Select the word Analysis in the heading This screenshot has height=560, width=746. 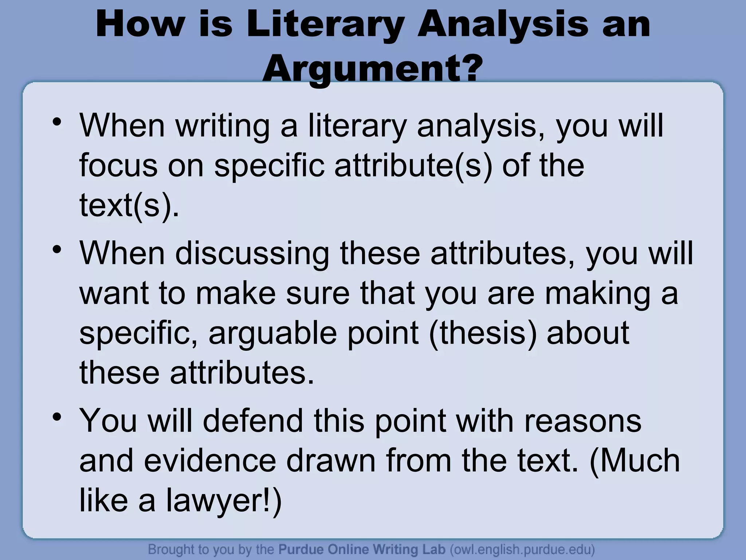503,25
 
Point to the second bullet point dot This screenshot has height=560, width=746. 56,250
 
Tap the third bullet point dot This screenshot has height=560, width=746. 56,417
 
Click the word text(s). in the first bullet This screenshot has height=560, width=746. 129,205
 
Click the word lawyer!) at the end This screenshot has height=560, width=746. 224,500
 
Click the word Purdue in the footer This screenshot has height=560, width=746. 301,549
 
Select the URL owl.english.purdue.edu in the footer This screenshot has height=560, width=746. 522,549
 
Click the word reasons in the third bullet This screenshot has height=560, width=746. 582,420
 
